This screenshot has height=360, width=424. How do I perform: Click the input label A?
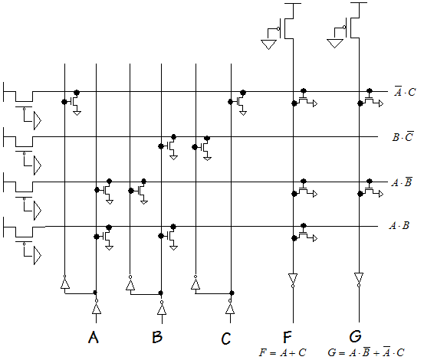(x=94, y=337)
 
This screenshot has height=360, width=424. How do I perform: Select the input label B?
(x=157, y=337)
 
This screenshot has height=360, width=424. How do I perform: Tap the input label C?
(x=226, y=338)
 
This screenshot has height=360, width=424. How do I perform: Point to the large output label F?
(x=288, y=337)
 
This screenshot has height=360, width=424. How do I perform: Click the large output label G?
(x=355, y=336)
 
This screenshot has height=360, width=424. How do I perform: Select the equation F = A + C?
(x=283, y=352)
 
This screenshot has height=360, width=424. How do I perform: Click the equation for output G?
(x=366, y=352)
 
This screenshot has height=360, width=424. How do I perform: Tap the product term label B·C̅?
(x=403, y=136)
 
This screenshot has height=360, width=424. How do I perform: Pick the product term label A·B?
(x=399, y=225)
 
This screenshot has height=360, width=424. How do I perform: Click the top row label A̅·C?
(x=405, y=91)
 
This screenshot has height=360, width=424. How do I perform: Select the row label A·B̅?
(x=402, y=182)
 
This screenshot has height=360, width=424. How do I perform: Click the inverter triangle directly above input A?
(x=97, y=307)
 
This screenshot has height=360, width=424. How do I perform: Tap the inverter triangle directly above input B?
(x=162, y=307)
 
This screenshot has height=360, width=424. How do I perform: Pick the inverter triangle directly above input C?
(x=230, y=307)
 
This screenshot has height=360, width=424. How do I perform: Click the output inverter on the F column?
(x=293, y=280)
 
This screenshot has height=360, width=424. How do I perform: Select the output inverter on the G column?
(x=359, y=280)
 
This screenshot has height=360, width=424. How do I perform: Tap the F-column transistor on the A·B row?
(x=305, y=234)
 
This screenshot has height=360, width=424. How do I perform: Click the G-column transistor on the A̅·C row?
(x=371, y=100)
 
